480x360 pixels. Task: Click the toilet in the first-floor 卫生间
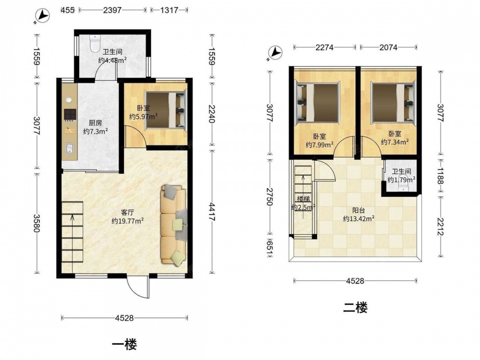tap(95, 43)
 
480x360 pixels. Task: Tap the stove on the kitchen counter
tap(70, 115)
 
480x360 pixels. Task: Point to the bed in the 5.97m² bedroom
tap(166, 109)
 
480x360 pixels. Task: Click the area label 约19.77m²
tap(128, 221)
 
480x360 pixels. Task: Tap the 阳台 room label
tap(359, 211)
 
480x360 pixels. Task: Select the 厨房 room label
tap(95, 123)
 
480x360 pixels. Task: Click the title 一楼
tap(124, 345)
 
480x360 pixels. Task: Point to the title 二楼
tap(355, 307)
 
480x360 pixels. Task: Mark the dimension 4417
tap(212, 211)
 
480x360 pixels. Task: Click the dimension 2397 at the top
tap(112, 10)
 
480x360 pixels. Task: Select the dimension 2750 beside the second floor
tap(269, 197)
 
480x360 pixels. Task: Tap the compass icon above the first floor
tap(43, 15)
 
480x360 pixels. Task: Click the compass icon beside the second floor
tap(275, 53)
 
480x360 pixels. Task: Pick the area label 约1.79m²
tap(401, 180)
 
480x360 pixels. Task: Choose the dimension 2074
tap(388, 48)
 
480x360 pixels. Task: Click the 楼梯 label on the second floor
tap(303, 199)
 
